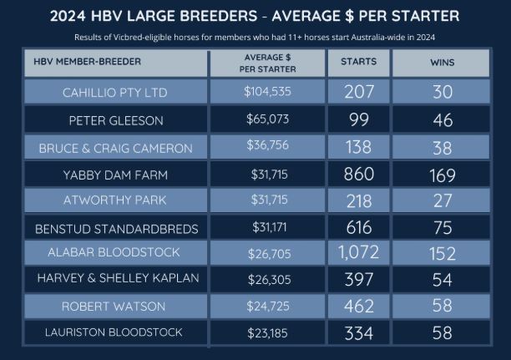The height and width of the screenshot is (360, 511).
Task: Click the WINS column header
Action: (x=442, y=62)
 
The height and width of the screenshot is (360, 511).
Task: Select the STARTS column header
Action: (x=359, y=62)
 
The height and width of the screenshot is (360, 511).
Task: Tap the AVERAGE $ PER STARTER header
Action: (x=267, y=62)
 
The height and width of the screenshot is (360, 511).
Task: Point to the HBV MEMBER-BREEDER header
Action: (x=88, y=62)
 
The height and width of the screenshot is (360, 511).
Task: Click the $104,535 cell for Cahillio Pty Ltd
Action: (x=267, y=92)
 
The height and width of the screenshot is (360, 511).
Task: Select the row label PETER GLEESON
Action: (x=115, y=119)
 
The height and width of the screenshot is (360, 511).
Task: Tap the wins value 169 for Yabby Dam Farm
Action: (x=442, y=175)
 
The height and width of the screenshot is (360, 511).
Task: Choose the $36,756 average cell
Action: (x=267, y=148)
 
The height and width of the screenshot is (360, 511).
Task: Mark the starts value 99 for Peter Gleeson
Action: (x=359, y=119)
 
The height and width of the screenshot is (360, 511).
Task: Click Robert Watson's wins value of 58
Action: (x=442, y=307)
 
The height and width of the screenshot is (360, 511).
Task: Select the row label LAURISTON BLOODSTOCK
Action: (x=115, y=333)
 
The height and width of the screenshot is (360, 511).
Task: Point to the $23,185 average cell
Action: (x=267, y=333)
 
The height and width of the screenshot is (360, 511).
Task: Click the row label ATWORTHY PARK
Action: (x=115, y=201)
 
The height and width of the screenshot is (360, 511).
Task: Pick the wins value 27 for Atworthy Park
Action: (x=442, y=201)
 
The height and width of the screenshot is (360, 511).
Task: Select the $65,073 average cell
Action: (x=267, y=119)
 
